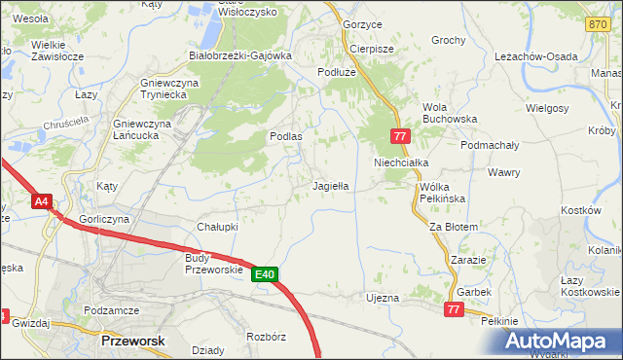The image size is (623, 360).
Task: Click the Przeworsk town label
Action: coord(132,341)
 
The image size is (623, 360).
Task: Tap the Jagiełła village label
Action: coord(330,184)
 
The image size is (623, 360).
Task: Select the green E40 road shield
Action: coord(266,274)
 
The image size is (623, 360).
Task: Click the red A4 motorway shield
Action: coord(41,202)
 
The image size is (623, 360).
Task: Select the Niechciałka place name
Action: coord(402,162)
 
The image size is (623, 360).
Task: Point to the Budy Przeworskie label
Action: coord(211,264)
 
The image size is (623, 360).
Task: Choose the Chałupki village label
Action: coord(218,226)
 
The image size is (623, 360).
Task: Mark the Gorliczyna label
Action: coord(105,220)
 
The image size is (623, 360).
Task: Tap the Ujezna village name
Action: coord(382,297)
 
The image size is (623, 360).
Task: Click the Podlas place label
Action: coord(285,137)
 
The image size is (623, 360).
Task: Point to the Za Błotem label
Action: coord(454,227)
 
